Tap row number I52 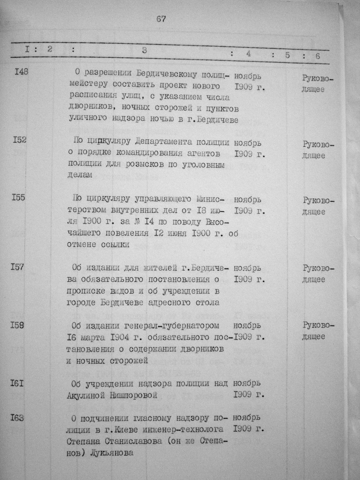(19, 140)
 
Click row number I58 (17, 325)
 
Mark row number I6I (17, 383)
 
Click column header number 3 (144, 50)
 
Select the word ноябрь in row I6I (247, 383)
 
